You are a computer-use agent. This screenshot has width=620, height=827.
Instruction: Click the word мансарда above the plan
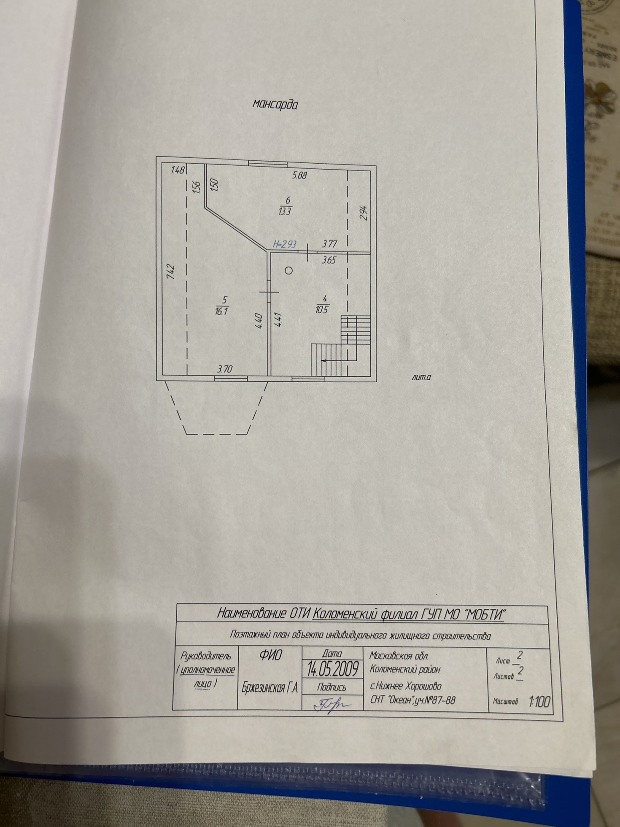tap(275, 104)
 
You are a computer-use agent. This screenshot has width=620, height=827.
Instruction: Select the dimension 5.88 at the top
tap(299, 175)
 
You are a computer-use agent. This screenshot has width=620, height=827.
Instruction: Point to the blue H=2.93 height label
tap(285, 244)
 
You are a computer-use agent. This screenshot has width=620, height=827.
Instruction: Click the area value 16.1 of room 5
tap(221, 312)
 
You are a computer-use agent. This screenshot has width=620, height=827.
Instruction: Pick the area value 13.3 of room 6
tap(285, 211)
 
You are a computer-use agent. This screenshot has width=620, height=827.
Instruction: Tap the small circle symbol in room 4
tap(288, 271)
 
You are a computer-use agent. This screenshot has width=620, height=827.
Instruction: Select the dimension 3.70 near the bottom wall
tap(224, 369)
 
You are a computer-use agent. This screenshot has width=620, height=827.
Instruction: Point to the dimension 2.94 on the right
tap(364, 213)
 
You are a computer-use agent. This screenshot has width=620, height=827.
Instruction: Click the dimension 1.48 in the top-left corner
tap(178, 170)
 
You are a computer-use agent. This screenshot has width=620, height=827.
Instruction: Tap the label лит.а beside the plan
tap(421, 377)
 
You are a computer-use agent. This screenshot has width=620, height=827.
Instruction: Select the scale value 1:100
tap(539, 702)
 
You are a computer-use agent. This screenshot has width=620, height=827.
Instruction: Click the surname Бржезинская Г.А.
tap(270, 688)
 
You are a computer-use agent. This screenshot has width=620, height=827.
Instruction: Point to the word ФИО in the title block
tap(270, 655)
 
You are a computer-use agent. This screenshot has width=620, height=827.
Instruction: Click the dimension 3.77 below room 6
tap(329, 243)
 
